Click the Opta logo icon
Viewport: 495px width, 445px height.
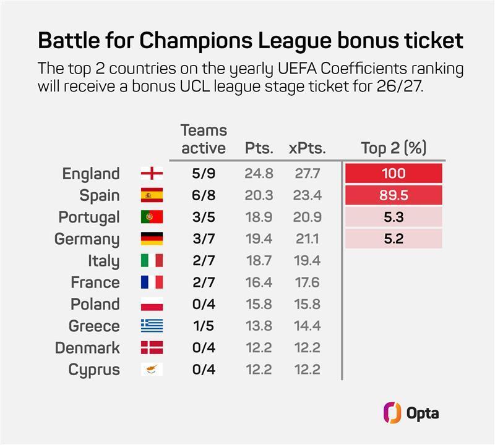[x=392, y=412]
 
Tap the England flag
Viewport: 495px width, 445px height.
[x=152, y=173]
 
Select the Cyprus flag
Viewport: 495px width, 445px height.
[x=152, y=369]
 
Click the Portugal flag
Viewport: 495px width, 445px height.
[x=152, y=217]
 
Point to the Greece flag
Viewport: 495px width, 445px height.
[x=152, y=326]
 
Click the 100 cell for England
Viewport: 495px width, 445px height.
[x=394, y=173]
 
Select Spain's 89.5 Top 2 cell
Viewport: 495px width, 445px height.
[x=394, y=195]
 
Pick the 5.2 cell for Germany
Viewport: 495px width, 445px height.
[x=394, y=239]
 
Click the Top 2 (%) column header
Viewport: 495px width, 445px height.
[x=394, y=148]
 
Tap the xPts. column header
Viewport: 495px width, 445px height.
[x=307, y=148]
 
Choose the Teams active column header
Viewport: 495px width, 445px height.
[x=204, y=139]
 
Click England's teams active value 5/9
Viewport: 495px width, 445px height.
[x=204, y=173]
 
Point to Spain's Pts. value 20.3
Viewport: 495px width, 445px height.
[x=259, y=195]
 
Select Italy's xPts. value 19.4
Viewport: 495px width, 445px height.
[x=307, y=260]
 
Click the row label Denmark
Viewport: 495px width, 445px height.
[x=87, y=347]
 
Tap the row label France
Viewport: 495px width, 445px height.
[x=95, y=282]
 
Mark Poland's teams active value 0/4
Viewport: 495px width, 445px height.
[x=204, y=304]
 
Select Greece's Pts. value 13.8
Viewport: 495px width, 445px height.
[x=259, y=326]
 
